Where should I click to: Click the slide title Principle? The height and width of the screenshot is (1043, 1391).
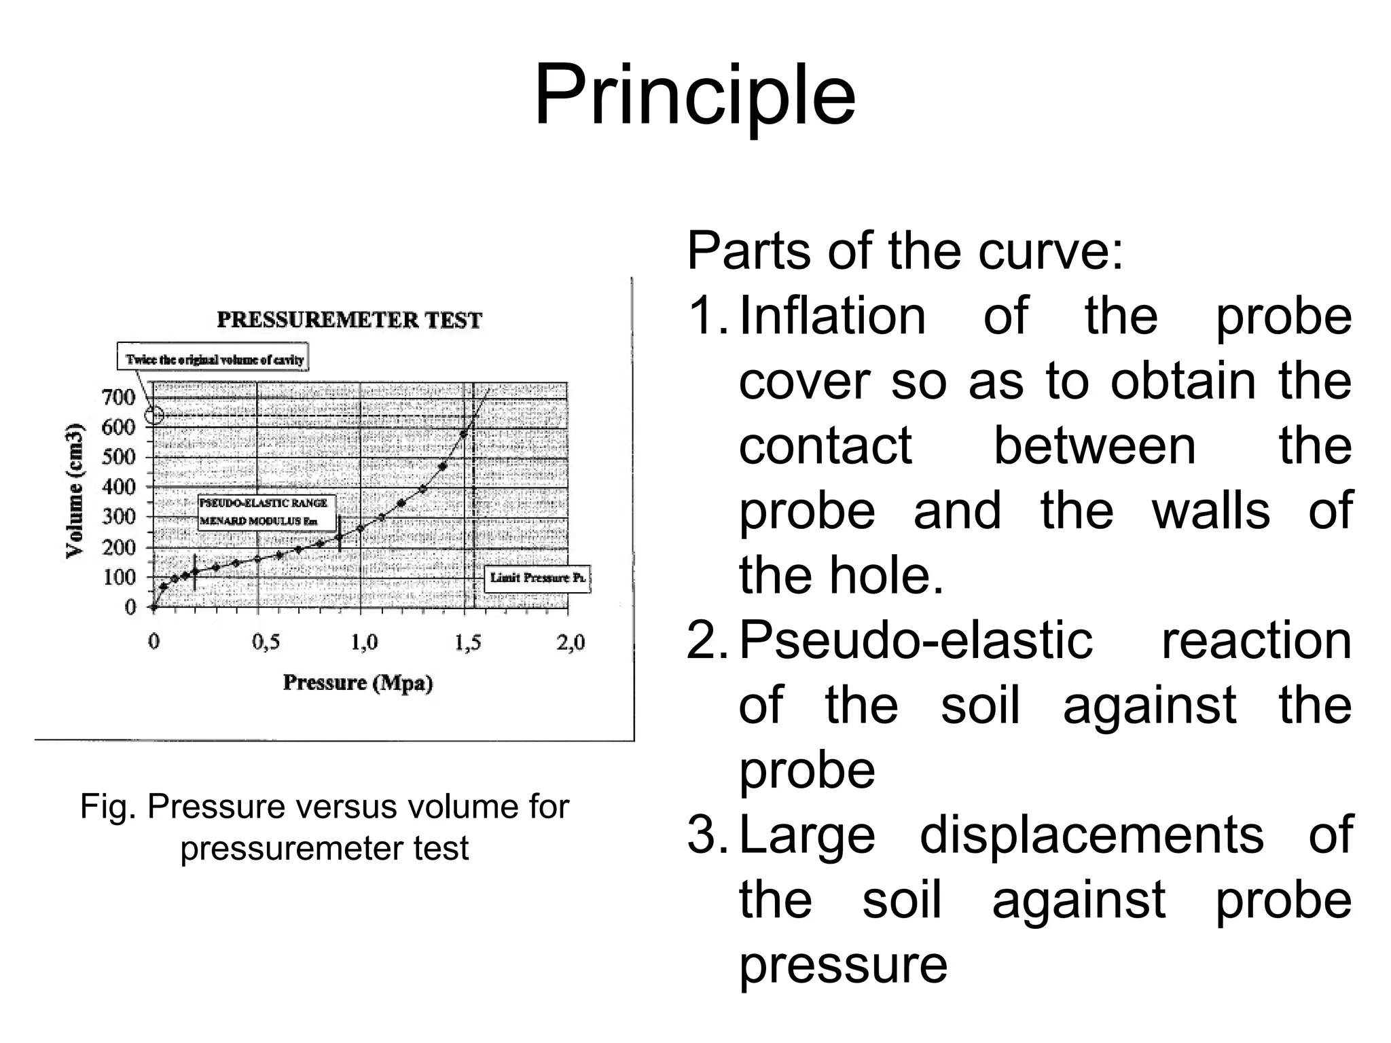tap(694, 96)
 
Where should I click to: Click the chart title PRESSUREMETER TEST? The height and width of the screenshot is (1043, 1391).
tap(349, 320)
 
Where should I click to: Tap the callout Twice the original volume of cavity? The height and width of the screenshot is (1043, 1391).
tap(213, 359)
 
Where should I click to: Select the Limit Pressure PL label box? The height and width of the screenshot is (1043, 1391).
tap(537, 578)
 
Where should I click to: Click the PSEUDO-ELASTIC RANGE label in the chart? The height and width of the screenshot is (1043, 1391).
tap(264, 503)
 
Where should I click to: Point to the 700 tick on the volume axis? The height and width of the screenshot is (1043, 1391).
tap(118, 397)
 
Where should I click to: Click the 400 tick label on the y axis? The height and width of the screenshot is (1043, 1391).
tap(118, 486)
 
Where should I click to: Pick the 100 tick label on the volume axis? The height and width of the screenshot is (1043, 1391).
tap(118, 577)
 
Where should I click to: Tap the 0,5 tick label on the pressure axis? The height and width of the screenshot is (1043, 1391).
tap(266, 642)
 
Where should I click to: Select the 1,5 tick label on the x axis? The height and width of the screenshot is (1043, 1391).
tap(468, 642)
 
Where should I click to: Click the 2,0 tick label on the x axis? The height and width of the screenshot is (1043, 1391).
tap(570, 642)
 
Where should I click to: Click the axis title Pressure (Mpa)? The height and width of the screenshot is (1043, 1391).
tap(357, 682)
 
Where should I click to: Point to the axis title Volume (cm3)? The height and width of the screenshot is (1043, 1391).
tap(75, 490)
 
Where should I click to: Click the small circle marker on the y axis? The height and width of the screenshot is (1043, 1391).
tap(155, 415)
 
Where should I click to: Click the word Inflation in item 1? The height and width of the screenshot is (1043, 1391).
tap(832, 316)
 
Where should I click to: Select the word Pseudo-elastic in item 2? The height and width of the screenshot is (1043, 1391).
tap(916, 640)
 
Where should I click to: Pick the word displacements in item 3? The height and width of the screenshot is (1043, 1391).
tap(1091, 835)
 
